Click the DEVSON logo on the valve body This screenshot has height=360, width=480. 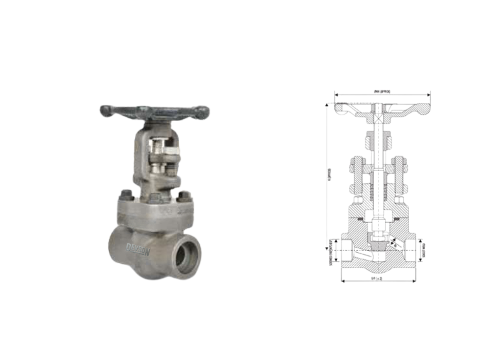138,250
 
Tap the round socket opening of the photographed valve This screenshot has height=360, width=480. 186,256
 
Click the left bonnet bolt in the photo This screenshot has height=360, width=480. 127,195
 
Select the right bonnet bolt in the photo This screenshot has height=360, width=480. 184,196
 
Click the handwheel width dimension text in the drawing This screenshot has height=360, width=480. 382,92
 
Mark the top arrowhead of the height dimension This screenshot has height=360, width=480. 327,105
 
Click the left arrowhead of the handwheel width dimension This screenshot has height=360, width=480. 336,95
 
